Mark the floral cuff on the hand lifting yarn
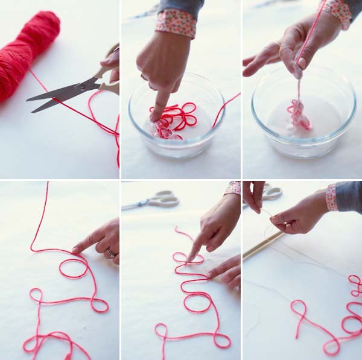338,12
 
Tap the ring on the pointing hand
111,253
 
